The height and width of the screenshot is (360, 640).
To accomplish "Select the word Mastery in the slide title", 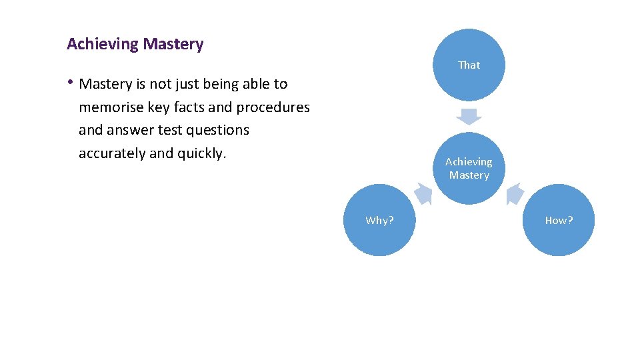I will click(173, 45).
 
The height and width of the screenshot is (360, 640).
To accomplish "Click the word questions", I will click(217, 130).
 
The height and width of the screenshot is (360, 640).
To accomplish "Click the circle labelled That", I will click(469, 65).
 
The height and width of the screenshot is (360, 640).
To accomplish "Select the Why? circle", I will click(379, 220).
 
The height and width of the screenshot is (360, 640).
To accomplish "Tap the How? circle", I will click(559, 220).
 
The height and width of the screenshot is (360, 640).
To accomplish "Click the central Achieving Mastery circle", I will click(469, 168).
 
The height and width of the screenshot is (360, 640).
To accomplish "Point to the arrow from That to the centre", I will click(469, 115).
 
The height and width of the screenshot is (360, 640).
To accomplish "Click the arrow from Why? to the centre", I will click(423, 193).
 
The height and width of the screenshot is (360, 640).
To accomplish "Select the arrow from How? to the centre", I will click(515, 193).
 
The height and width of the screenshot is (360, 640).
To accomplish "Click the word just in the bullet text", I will click(187, 84).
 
